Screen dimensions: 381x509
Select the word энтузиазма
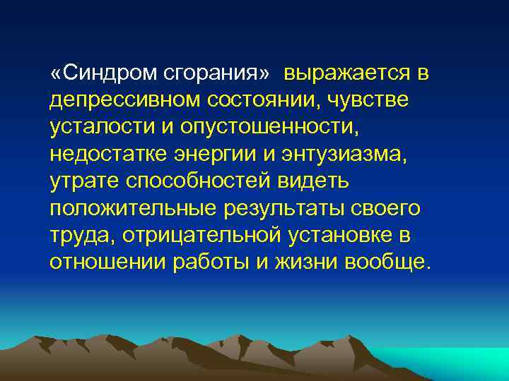click(x=334, y=155)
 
